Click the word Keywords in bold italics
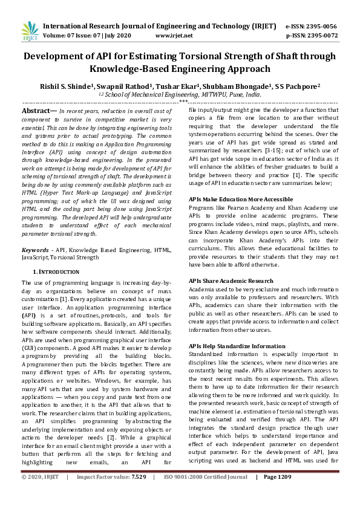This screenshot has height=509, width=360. (x=35, y=249)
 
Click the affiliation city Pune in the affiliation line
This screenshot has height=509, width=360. (x=238, y=95)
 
